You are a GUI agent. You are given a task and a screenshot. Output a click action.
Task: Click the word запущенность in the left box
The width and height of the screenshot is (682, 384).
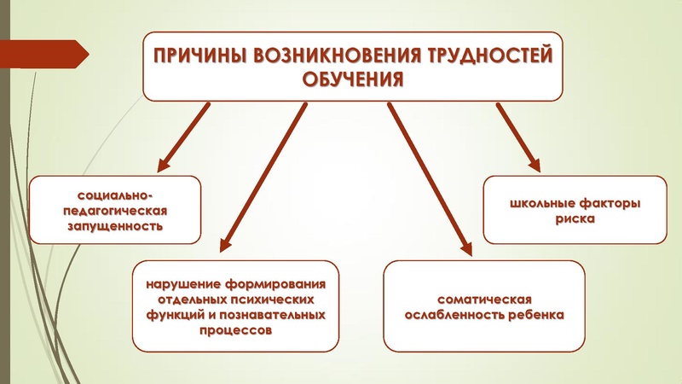point(114,228)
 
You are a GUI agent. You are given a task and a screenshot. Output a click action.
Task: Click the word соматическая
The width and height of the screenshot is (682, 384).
point(484,300)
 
